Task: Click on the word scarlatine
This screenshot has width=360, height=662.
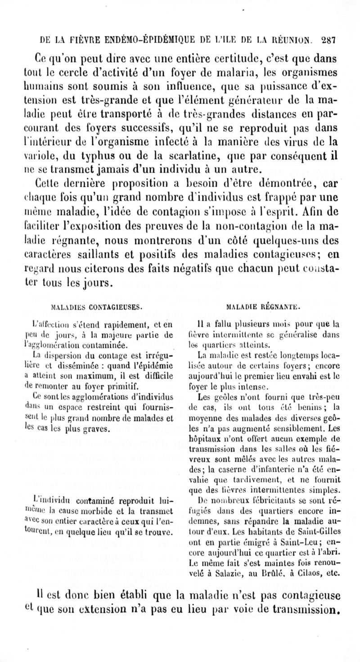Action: tap(211, 158)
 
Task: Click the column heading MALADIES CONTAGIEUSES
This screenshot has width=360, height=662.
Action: tap(98, 307)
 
